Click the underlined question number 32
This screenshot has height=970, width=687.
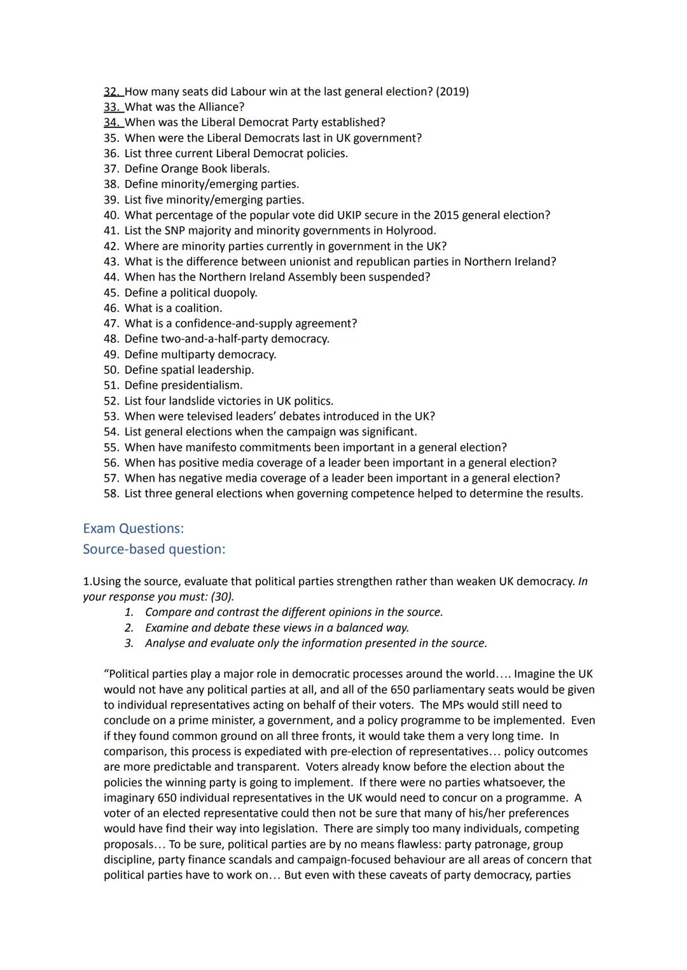tap(112, 92)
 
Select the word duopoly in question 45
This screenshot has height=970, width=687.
tap(235, 293)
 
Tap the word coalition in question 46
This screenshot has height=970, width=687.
tap(198, 308)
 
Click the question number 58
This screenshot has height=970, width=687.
tap(111, 494)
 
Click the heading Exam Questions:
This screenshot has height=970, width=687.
tap(133, 529)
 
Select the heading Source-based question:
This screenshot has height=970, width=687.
tap(154, 549)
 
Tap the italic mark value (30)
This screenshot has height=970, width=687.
tap(222, 597)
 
